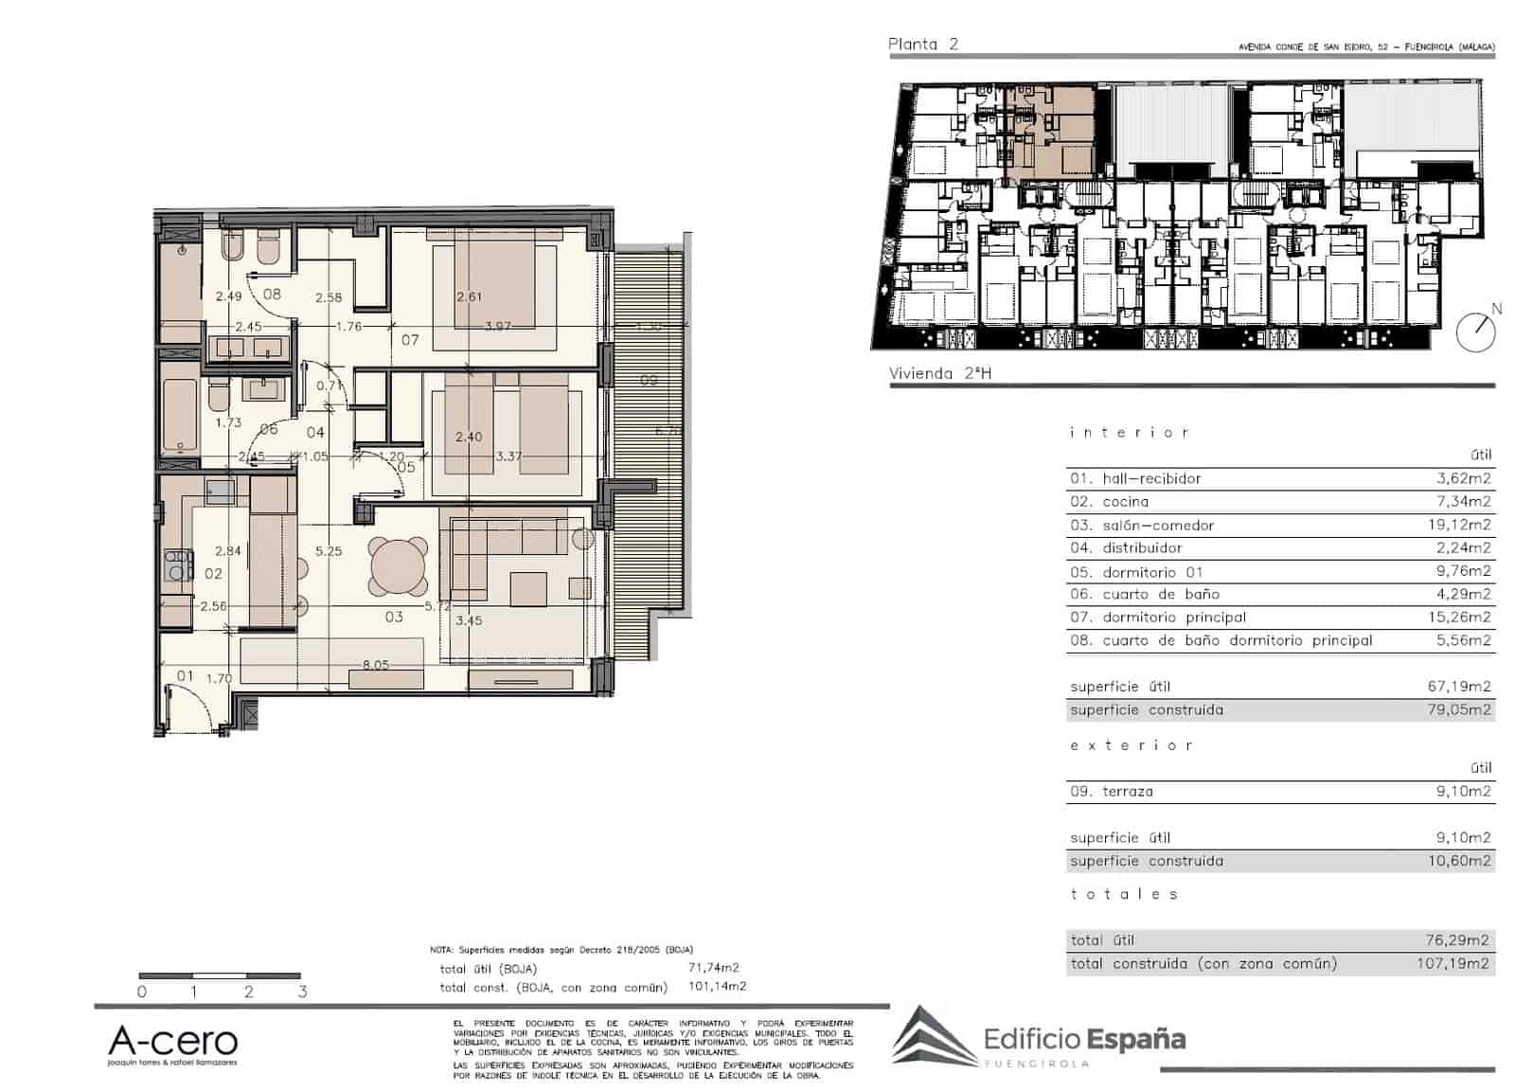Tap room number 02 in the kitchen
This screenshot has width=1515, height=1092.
pos(213,574)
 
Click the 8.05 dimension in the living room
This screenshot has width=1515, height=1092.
pos(375,665)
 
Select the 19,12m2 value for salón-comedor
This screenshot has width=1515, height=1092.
pos(1463,525)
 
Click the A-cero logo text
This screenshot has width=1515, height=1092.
pos(172,1042)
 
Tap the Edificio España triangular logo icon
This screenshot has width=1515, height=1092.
pos(933,1037)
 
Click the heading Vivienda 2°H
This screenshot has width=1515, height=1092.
pos(940,373)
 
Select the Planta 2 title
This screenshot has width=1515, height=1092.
pos(923,44)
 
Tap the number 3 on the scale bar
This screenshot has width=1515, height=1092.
pos(303,993)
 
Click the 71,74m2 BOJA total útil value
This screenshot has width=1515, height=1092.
pos(713,968)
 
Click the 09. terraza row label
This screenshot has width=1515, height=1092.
pos(1112,792)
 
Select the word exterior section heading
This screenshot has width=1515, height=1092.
pos(1131,746)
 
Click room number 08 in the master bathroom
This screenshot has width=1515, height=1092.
pos(272,295)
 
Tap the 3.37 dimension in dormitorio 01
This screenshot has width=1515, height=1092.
pos(508,456)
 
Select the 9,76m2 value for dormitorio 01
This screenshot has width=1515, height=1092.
pos(1463,571)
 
